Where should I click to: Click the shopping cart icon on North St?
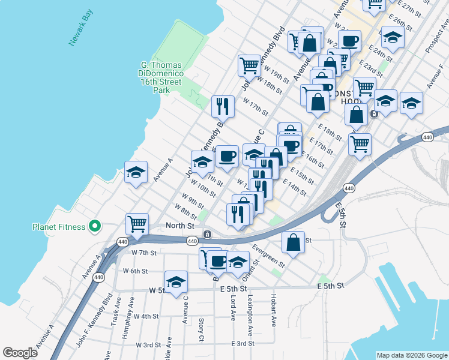(x=137, y=224)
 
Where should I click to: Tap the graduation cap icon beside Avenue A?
(x=136, y=172)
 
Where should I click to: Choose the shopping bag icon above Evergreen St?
(x=294, y=242)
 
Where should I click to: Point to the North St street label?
(x=180, y=226)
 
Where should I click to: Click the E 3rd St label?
(x=243, y=343)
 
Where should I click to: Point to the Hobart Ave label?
(x=273, y=311)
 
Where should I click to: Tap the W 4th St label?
(x=146, y=316)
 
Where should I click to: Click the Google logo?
(x=20, y=353)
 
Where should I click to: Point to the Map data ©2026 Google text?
(x=411, y=355)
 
